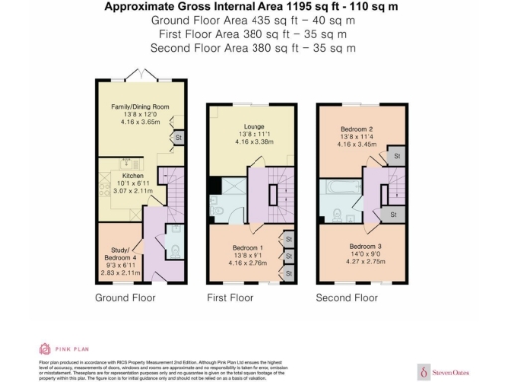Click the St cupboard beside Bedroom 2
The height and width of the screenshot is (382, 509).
click(395, 156)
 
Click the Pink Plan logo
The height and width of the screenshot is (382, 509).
click(59, 349)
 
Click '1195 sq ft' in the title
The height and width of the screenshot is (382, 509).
click(315, 6)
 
